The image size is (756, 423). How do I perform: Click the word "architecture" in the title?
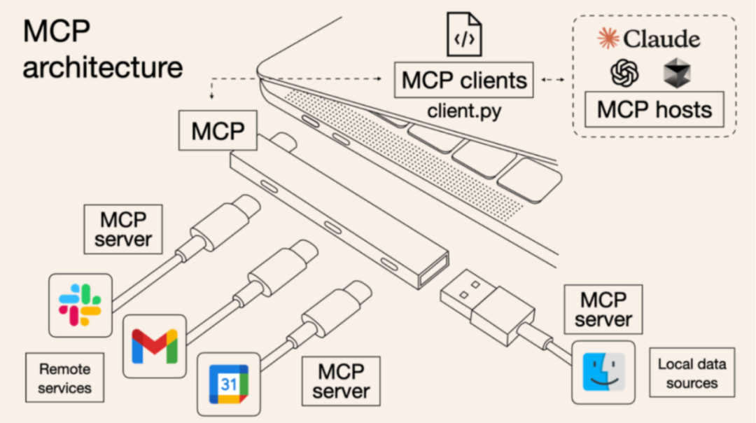click(102, 68)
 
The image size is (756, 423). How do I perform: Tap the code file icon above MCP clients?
click(465, 34)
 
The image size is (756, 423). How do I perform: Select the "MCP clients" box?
click(463, 81)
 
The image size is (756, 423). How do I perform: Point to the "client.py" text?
click(464, 111)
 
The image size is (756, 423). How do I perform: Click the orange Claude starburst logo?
click(608, 39)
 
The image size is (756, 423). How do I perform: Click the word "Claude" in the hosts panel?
click(661, 39)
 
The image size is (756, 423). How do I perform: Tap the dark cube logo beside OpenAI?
click(677, 73)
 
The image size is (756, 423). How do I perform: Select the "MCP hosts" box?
click(654, 109)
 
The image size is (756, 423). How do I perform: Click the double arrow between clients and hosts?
click(553, 81)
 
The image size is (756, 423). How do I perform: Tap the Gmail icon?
click(155, 345)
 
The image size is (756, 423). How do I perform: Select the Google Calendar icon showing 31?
click(228, 384)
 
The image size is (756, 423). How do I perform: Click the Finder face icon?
click(603, 372)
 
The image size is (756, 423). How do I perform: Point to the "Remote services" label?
click(64, 377)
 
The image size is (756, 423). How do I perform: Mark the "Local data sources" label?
click(692, 373)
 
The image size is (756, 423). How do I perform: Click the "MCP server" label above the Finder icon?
click(603, 310)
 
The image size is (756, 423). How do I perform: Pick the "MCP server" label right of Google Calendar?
click(341, 380)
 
